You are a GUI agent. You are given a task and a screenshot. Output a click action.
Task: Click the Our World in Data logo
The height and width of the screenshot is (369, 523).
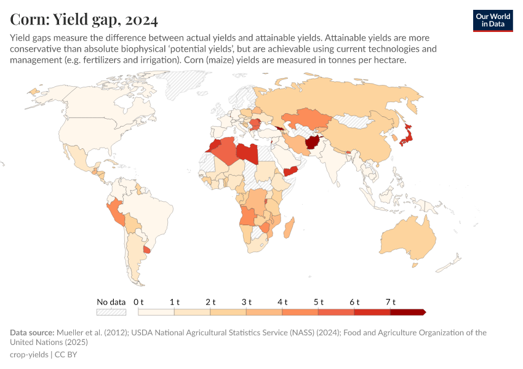pos(492,20)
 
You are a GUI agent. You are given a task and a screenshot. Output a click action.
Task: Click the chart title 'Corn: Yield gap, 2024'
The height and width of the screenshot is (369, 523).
pos(84,20)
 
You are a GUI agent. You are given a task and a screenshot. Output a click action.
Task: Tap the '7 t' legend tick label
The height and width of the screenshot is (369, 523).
pos(390,302)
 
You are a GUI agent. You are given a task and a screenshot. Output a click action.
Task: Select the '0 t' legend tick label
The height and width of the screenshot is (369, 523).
pos(138,302)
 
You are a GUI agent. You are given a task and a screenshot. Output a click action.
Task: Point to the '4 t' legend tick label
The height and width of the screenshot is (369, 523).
pos(282,302)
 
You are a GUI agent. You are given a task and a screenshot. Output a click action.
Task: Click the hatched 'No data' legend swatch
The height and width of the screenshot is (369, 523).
pos(111,312)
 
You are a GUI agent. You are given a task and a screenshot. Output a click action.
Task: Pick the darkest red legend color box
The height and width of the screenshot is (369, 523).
pos(407,312)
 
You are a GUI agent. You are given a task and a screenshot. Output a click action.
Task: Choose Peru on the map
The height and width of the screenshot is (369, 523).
pos(116,213)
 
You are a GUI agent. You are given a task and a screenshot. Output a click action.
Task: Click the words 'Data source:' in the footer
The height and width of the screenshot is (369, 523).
pos(31,333)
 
